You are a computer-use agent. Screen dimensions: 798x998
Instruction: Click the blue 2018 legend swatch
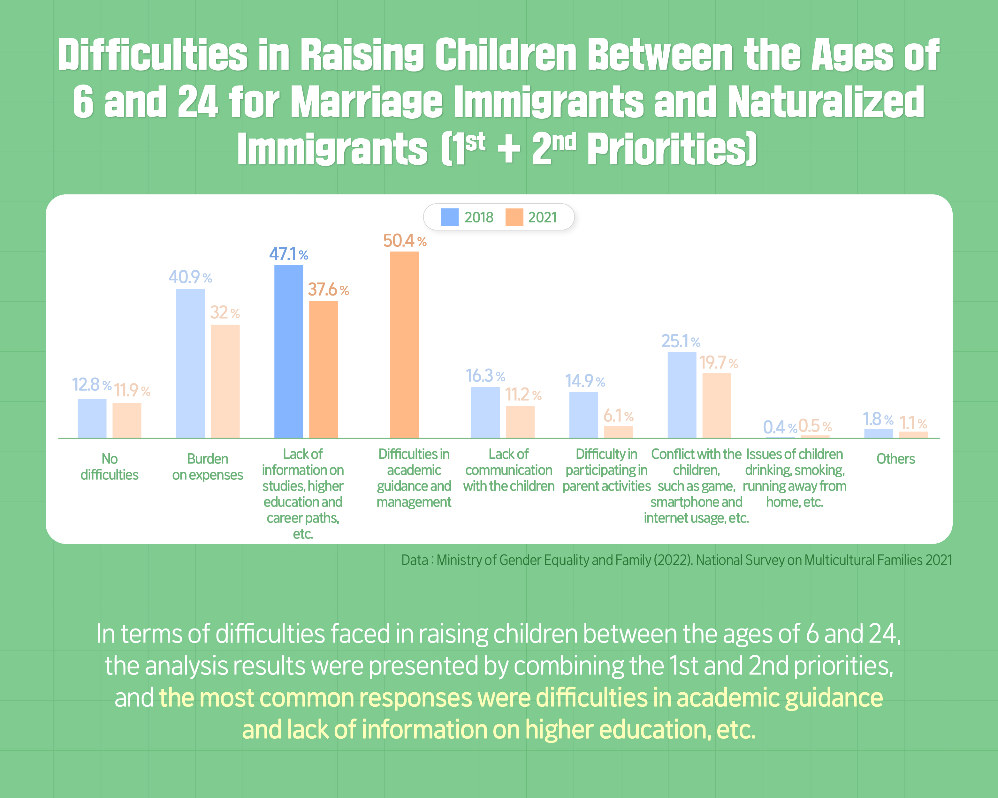(449, 217)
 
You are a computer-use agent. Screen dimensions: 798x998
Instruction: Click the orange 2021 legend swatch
(514, 217)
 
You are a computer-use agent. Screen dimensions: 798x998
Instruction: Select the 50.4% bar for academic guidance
(404, 345)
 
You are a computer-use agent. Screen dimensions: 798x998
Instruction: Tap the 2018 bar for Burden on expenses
(190, 364)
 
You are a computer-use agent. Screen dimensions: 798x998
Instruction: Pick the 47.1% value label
(288, 254)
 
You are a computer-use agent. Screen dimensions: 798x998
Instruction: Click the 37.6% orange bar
(323, 370)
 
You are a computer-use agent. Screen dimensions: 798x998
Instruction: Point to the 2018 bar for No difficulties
(92, 418)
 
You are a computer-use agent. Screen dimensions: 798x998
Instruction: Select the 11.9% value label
(132, 390)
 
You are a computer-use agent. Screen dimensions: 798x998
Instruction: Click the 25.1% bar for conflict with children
(682, 395)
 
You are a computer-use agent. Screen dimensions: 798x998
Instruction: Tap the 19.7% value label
(718, 363)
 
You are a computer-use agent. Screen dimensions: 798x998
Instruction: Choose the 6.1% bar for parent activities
(618, 432)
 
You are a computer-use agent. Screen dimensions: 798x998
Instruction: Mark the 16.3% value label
(485, 376)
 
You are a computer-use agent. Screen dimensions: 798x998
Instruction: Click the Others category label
(895, 459)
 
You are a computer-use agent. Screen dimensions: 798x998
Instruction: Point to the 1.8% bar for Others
(879, 433)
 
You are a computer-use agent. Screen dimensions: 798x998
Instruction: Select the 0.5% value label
(815, 425)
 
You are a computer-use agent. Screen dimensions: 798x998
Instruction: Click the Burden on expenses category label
(207, 467)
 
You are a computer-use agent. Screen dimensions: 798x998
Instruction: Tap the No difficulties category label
(109, 467)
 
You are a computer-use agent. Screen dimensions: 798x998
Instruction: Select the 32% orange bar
(225, 381)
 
